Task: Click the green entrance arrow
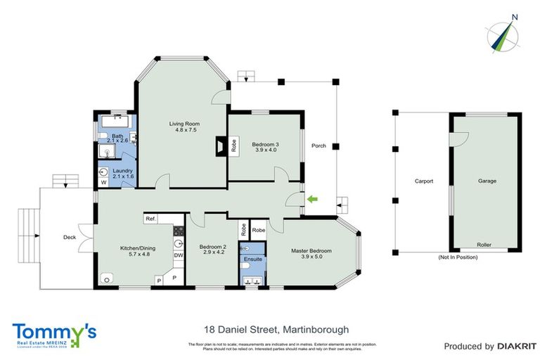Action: (x=312, y=200)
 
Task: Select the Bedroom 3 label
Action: (x=265, y=145)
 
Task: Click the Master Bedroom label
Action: (x=311, y=250)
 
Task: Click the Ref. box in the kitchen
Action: (x=150, y=219)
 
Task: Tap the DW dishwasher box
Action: (x=179, y=255)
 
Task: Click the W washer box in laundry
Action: (x=103, y=183)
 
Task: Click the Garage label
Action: (x=487, y=181)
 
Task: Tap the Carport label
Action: (x=423, y=181)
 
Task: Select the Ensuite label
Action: (x=252, y=259)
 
